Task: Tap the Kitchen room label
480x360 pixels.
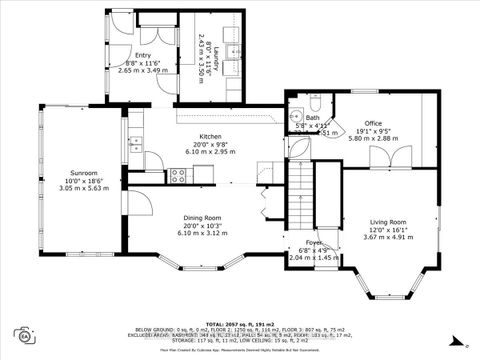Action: point(210,137)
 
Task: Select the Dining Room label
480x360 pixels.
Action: point(209,217)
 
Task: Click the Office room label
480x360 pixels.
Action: point(373,123)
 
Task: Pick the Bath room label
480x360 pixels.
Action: point(313,117)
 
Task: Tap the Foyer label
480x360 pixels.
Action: point(300,243)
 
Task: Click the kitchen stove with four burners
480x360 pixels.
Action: point(179,176)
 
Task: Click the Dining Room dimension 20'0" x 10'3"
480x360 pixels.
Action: point(209,225)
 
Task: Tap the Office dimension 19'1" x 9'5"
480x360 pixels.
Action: point(373,130)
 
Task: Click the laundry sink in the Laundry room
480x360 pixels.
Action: point(229,53)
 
